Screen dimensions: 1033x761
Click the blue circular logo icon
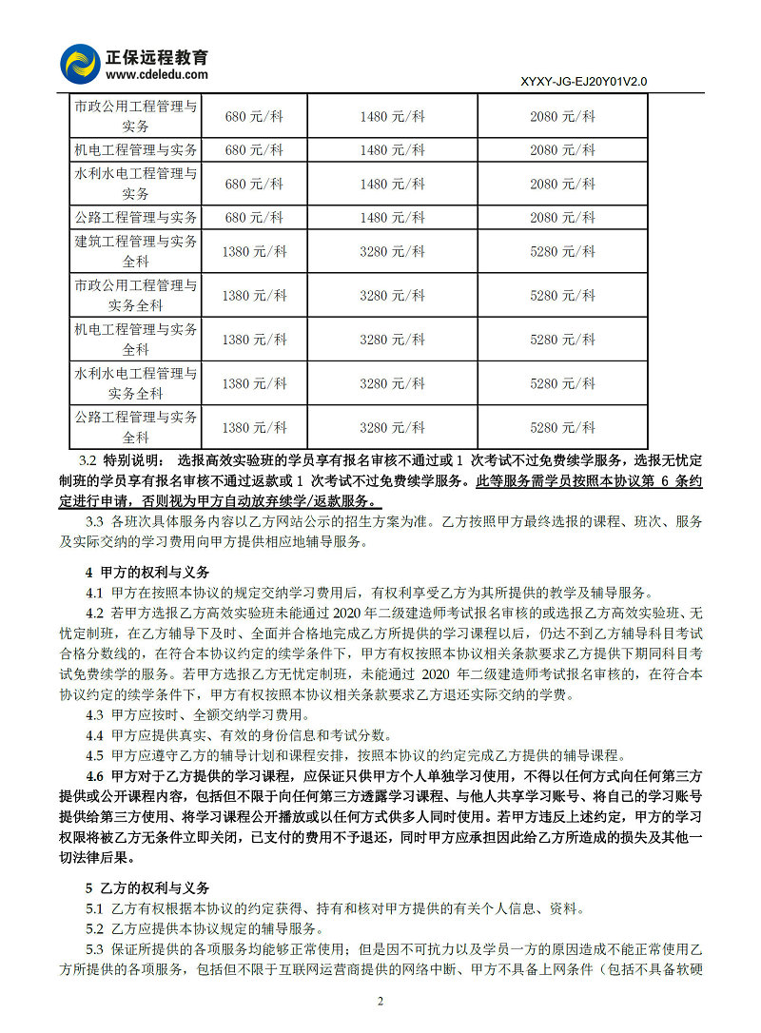coord(80,64)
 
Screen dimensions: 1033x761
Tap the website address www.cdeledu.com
coord(157,73)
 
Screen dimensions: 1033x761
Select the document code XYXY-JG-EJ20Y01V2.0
coord(584,82)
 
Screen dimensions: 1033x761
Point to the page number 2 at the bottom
coord(380,1001)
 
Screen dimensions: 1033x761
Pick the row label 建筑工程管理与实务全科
coord(136,251)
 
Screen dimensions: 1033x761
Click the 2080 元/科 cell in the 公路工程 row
coord(562,218)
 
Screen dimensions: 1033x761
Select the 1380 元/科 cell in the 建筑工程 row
coord(254,251)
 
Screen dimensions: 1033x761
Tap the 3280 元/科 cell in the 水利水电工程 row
coord(392,383)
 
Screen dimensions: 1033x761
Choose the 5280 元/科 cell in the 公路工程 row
coord(562,427)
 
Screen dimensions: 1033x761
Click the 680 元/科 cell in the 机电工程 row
coord(254,149)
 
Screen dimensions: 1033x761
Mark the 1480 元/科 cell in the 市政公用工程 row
coord(392,116)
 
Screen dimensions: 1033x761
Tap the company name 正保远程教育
coord(157,55)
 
